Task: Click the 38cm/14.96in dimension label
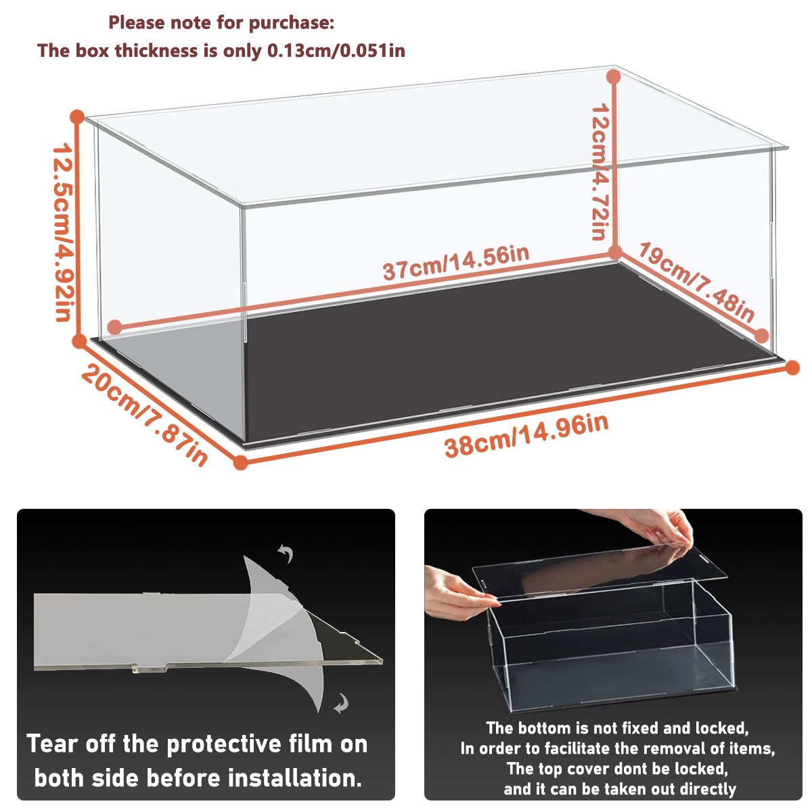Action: point(526,436)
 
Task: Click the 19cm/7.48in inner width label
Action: point(696,282)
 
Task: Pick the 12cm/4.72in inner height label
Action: point(600,172)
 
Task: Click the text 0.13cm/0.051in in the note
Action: point(336,51)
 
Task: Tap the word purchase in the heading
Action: point(292,23)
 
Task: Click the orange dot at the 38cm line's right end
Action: point(792,368)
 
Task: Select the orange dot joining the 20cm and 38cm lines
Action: point(240,462)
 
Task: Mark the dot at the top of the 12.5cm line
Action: point(78,116)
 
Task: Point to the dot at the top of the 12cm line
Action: point(614,76)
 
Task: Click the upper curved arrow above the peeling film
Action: point(286,553)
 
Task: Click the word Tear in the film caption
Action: point(52,744)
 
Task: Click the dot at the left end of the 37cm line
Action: point(114,327)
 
